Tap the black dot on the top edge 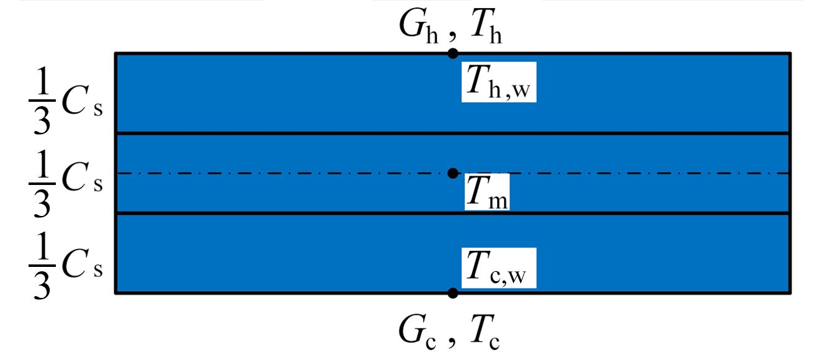453,53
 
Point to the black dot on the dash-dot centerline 453,173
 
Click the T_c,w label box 498,268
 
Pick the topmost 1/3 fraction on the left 41,103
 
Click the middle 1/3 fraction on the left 41,185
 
